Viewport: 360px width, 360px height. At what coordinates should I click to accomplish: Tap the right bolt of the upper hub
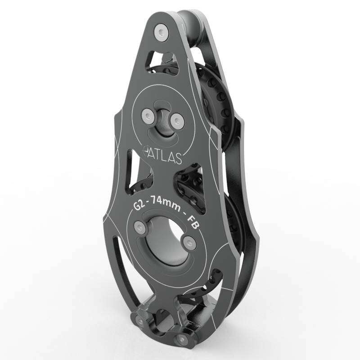(x=177, y=121)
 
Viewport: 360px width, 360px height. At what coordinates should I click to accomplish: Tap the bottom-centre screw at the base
(x=181, y=339)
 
